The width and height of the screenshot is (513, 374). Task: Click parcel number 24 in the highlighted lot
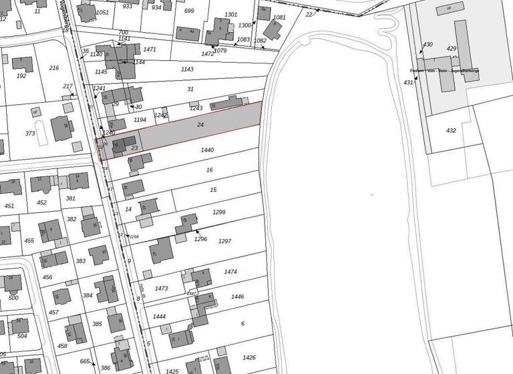click(200, 125)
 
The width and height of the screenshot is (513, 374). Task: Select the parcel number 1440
click(207, 150)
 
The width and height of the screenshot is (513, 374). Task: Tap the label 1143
click(187, 69)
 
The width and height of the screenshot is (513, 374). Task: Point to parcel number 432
click(451, 131)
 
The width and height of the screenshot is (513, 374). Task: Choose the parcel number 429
click(452, 49)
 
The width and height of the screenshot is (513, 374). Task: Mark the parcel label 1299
click(219, 212)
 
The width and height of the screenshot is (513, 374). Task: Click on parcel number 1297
click(224, 241)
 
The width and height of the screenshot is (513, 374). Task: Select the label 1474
click(230, 272)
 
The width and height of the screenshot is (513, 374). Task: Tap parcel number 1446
click(237, 297)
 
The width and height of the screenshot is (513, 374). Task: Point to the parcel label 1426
click(249, 357)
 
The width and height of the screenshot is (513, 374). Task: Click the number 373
click(30, 134)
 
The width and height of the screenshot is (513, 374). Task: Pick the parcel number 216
click(54, 68)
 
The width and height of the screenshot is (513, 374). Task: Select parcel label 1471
click(150, 49)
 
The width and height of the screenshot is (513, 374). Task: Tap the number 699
click(189, 11)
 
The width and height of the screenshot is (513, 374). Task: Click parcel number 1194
click(140, 120)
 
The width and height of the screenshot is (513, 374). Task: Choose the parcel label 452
click(42, 203)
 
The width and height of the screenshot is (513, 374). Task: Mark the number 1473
click(161, 289)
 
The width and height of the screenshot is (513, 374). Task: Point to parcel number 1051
click(102, 13)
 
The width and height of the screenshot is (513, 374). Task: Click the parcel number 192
click(21, 76)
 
